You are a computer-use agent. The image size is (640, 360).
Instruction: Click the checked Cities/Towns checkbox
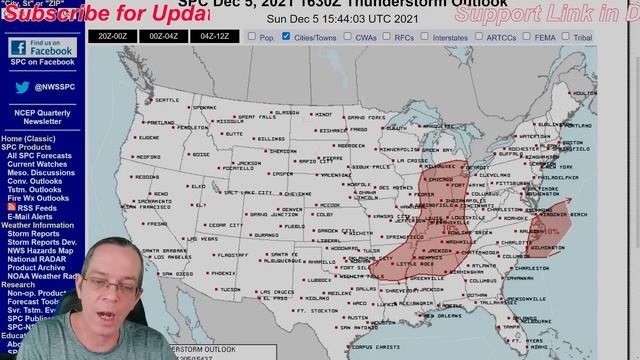tap(287, 37)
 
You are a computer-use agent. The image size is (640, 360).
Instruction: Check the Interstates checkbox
tap(425, 37)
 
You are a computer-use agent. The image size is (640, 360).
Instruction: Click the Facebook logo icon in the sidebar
tap(17, 48)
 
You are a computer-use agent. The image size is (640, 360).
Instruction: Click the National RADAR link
tap(38, 260)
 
